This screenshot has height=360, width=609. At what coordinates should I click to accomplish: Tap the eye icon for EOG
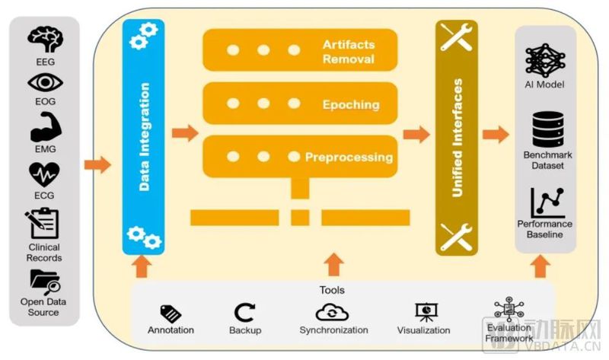45,83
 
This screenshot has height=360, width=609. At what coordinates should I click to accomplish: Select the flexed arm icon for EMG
45,126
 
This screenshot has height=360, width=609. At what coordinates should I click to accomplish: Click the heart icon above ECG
45,173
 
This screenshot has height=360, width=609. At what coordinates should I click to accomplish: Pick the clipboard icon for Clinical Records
43,224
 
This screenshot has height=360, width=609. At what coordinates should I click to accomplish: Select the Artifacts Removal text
347,53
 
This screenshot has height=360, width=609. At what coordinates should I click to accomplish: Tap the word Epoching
350,104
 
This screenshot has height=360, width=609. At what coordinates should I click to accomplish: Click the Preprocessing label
349,158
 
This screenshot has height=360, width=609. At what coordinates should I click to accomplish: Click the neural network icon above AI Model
544,59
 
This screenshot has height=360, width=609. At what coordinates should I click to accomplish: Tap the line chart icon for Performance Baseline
545,202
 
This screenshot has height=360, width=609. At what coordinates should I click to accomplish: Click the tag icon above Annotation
171,313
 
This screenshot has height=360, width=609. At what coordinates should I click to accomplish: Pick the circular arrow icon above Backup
244,312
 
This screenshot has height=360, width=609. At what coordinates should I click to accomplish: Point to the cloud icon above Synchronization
333,312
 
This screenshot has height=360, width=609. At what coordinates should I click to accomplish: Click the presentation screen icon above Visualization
423,312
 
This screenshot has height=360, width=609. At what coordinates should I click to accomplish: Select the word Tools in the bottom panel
332,290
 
